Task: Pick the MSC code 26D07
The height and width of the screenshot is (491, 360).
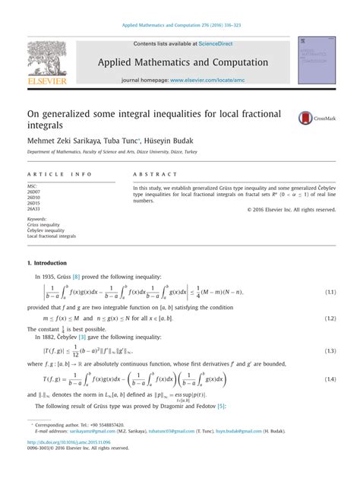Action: [35, 192]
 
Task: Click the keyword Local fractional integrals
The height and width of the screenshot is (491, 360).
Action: [52, 236]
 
